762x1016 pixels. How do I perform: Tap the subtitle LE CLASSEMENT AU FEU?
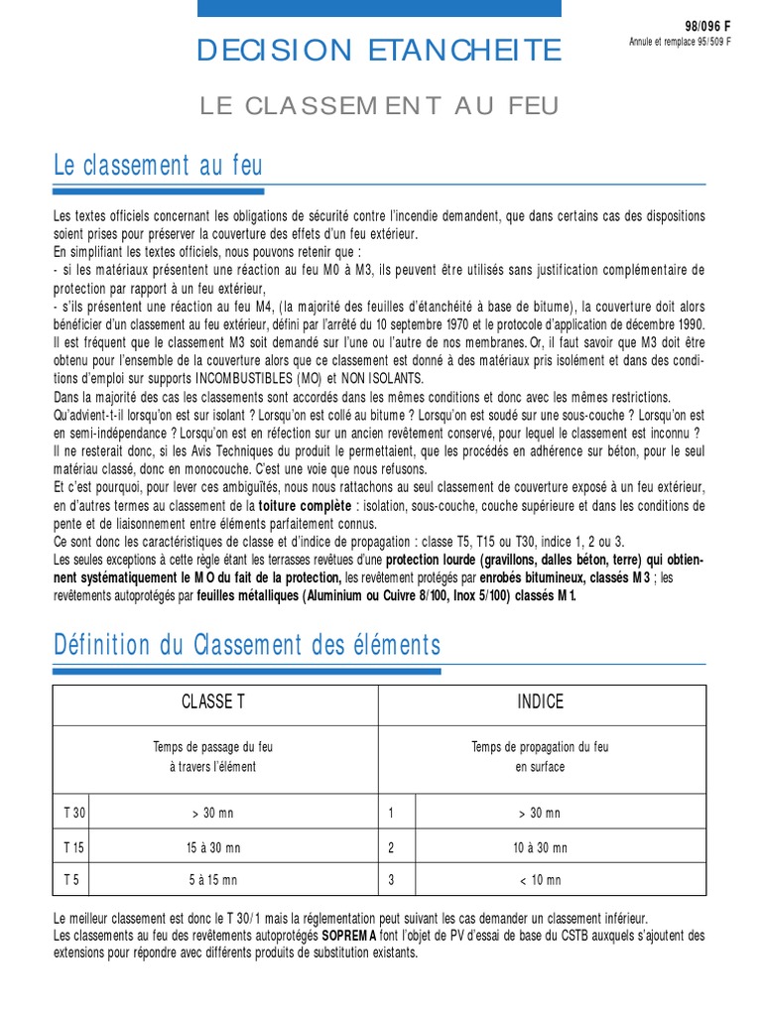click(x=380, y=105)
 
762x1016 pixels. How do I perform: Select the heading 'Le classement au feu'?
click(x=158, y=165)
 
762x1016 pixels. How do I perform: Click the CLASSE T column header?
click(x=213, y=702)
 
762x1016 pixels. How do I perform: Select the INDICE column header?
click(x=540, y=702)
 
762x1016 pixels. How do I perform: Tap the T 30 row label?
click(x=74, y=814)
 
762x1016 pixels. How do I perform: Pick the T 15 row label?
click(x=74, y=847)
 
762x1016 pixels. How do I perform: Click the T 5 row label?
click(x=72, y=880)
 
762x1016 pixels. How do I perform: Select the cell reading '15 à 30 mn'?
click(x=212, y=847)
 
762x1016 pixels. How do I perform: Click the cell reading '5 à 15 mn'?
click(x=212, y=880)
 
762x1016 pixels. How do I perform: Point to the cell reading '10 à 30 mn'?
click(x=540, y=847)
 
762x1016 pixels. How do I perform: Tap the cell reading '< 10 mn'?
click(x=540, y=880)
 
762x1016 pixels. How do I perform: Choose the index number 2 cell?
click(x=392, y=847)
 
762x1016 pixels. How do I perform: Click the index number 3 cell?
click(x=392, y=880)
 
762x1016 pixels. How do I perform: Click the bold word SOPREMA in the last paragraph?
click(x=347, y=936)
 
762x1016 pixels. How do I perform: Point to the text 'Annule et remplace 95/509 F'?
click(x=681, y=43)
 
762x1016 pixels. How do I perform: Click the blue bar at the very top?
click(x=379, y=8)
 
